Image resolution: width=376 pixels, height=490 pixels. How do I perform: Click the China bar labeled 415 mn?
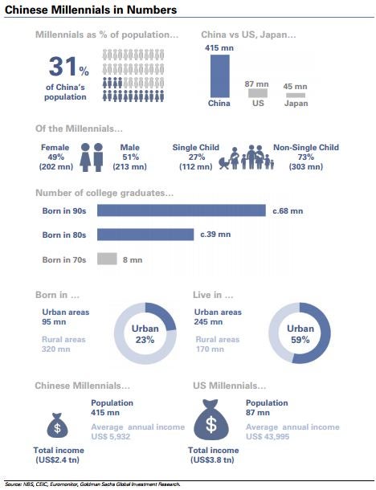[219, 76]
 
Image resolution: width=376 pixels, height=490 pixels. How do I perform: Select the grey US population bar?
[258, 93]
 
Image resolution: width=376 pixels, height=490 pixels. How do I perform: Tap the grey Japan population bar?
[296, 95]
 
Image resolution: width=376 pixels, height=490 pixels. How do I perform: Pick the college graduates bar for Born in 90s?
[182, 210]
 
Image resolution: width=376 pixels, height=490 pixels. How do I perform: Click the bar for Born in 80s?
[145, 235]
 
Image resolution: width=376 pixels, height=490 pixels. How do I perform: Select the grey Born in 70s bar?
[107, 259]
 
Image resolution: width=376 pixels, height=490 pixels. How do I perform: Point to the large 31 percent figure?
[69, 67]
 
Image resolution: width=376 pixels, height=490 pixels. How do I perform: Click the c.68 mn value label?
[288, 211]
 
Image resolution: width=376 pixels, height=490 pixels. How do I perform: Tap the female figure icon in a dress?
[85, 157]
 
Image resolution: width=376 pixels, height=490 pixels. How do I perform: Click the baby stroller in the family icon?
[224, 163]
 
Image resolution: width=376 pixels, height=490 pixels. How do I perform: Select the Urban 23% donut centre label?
[145, 333]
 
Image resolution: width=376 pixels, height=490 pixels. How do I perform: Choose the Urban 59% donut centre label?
[300, 333]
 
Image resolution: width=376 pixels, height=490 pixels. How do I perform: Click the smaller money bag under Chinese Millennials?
[57, 425]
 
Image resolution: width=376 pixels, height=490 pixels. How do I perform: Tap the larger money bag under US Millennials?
[211, 419]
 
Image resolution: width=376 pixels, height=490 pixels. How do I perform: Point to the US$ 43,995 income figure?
[268, 436]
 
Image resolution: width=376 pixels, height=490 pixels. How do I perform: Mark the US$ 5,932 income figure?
[110, 436]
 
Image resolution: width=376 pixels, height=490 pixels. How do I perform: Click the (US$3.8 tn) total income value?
[212, 460]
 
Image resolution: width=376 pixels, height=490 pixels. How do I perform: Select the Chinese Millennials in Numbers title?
[91, 10]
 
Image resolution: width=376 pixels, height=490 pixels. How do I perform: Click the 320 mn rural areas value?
[56, 349]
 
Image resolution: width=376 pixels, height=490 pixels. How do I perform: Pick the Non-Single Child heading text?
[306, 147]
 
